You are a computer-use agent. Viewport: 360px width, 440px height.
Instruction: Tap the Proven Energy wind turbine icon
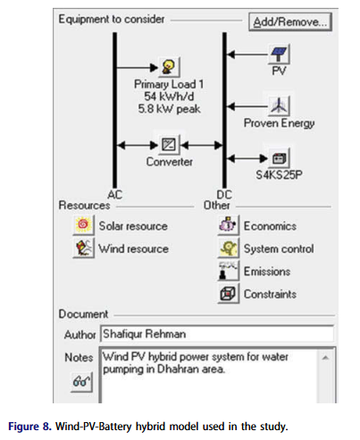[279, 106]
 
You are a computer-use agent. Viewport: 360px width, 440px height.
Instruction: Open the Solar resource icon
[83, 225]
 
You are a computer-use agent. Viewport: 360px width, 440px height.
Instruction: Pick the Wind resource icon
[83, 249]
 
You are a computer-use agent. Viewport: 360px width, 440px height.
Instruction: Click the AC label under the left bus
[115, 193]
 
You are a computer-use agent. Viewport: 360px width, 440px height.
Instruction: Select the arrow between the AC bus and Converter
[136, 143]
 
